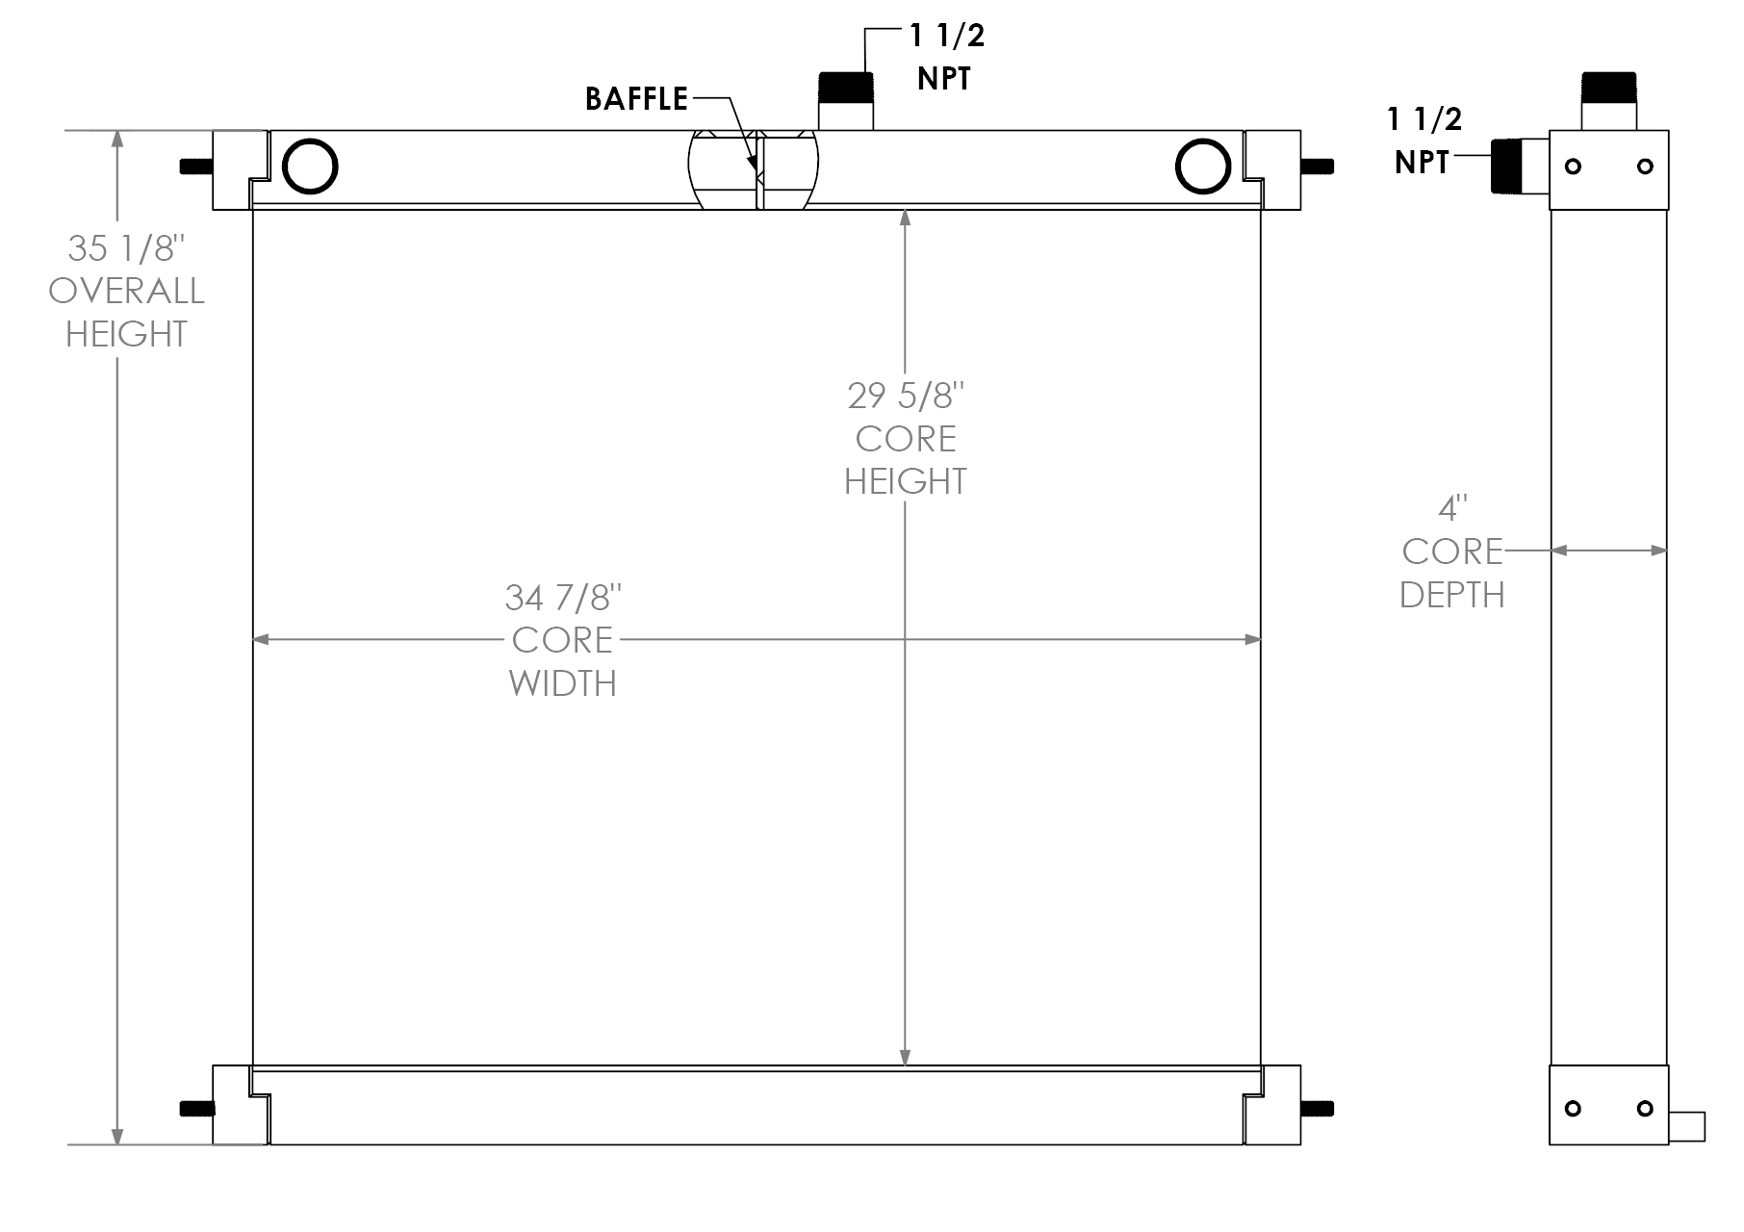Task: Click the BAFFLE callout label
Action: (636, 98)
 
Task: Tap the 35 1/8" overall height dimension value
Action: (125, 248)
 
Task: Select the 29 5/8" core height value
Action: (906, 396)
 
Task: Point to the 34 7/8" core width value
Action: (563, 598)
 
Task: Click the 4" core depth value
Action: (1452, 507)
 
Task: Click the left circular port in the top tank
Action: (310, 167)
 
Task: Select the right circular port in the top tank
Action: (1202, 167)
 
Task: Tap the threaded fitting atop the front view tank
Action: (845, 88)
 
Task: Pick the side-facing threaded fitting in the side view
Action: (1505, 167)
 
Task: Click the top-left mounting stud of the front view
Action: (196, 167)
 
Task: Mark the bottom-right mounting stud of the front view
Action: (1317, 1109)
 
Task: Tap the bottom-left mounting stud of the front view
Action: (196, 1109)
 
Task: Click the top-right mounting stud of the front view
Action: (1317, 167)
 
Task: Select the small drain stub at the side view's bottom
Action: (1686, 1126)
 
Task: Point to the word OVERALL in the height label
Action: (126, 291)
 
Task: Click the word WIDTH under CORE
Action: (563, 683)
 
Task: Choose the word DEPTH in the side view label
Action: (1452, 595)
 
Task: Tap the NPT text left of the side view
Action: (1422, 163)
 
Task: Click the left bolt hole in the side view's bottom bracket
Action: (1573, 1109)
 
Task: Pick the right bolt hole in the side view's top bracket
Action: (1645, 167)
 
